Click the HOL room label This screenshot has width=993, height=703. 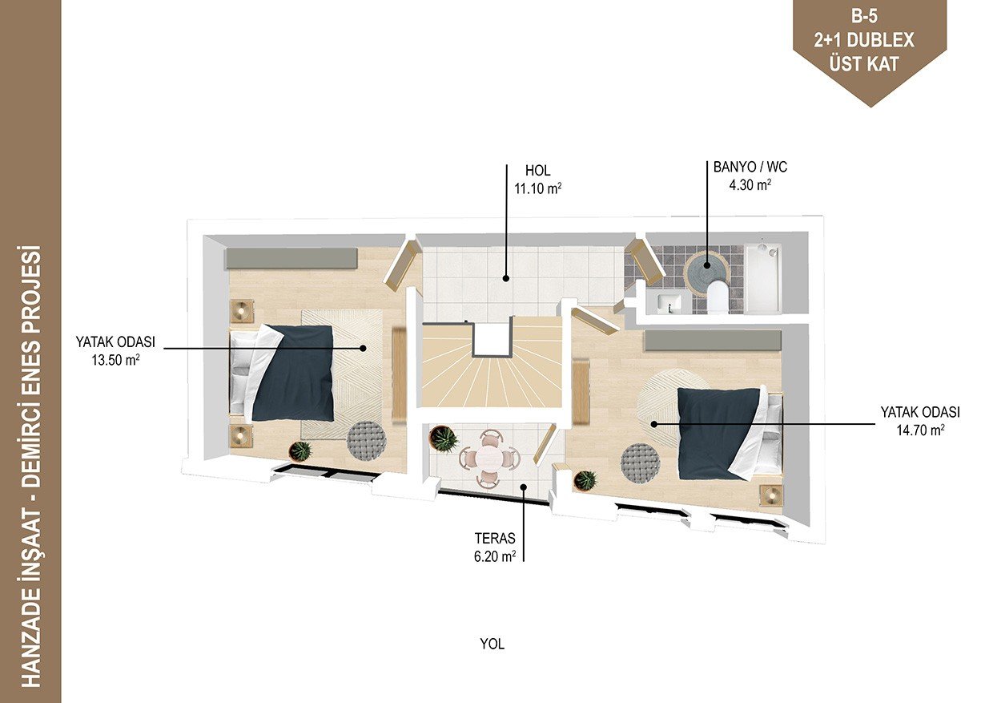pyautogui.click(x=537, y=171)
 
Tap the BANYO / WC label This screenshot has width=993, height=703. pyautogui.click(x=750, y=167)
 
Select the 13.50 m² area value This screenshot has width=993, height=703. pyautogui.click(x=115, y=359)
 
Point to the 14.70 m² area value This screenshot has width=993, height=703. pyautogui.click(x=920, y=430)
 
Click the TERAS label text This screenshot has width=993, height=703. pyautogui.click(x=495, y=539)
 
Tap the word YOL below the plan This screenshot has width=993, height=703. pyautogui.click(x=492, y=644)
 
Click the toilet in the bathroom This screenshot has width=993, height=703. pyautogui.click(x=718, y=297)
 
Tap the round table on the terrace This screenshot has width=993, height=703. pyautogui.click(x=488, y=458)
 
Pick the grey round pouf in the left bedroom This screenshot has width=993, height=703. pyautogui.click(x=366, y=441)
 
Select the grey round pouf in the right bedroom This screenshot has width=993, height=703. pyautogui.click(x=640, y=462)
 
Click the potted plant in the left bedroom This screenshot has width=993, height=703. pyautogui.click(x=300, y=451)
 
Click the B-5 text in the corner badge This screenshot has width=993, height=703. pyautogui.click(x=864, y=17)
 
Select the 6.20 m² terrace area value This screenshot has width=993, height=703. pyautogui.click(x=495, y=556)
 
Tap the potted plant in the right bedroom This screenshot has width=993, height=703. pyautogui.click(x=585, y=480)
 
